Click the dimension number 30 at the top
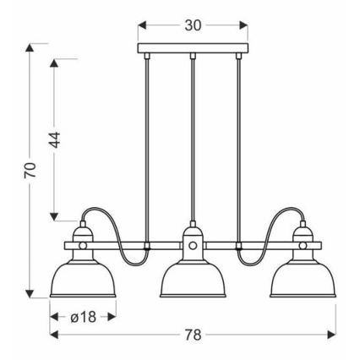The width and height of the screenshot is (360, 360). coord(193,25)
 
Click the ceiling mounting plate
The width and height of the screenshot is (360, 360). coord(193,48)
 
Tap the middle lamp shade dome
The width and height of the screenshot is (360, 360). coord(193,279)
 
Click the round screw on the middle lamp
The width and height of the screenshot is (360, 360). coord(193,247)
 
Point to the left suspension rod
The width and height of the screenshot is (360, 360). coord(146,144)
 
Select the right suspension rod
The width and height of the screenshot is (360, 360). coord(240,144)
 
